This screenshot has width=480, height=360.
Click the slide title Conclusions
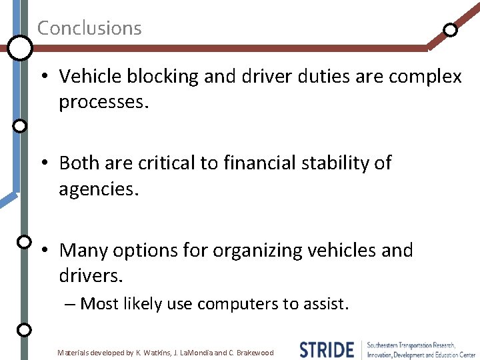89,28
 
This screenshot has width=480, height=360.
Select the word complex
431,77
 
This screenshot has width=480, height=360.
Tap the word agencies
99,189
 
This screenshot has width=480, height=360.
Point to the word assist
325,304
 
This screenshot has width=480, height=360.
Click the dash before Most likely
71,304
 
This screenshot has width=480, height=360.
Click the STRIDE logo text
327,349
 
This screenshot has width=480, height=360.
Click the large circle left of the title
20,47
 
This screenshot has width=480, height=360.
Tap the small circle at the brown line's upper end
451,29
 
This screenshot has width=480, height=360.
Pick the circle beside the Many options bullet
23,241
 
